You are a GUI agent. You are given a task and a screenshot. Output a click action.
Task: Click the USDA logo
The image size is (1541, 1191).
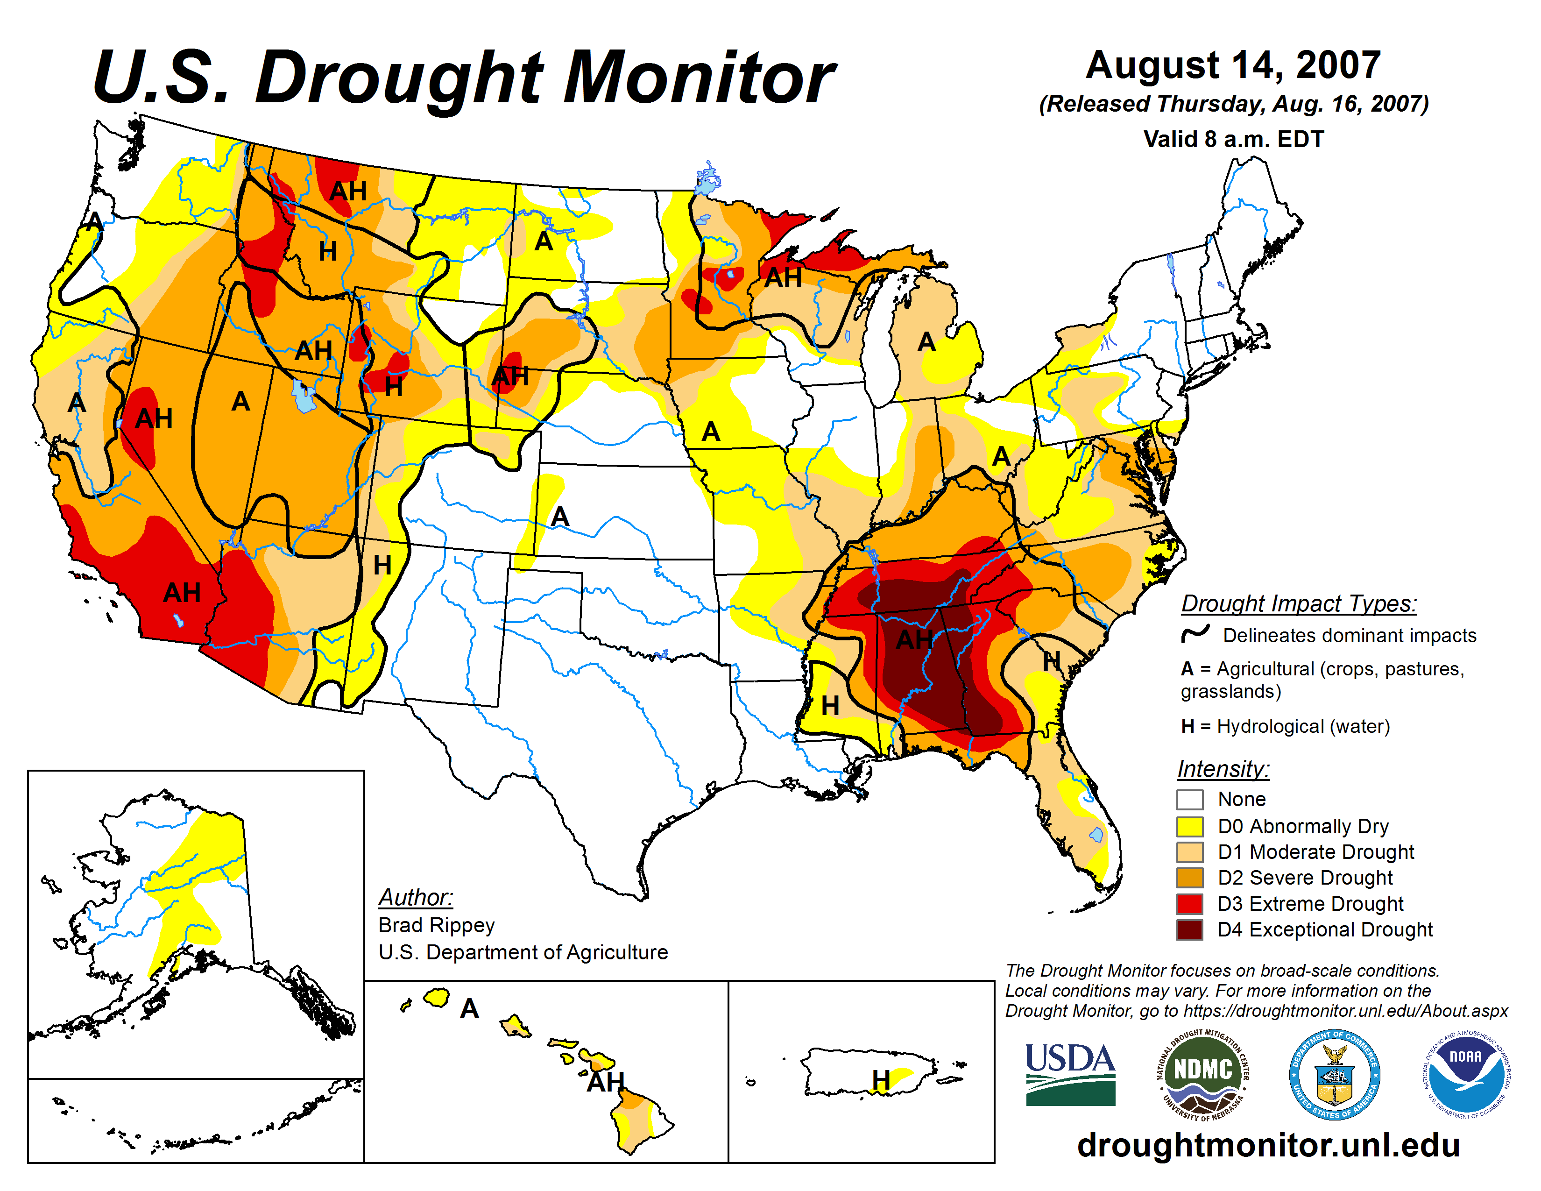click(x=1070, y=1074)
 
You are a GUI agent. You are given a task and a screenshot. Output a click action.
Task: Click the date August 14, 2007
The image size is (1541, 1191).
click(x=1233, y=65)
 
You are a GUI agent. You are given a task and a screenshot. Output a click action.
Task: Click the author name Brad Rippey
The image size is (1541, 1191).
click(x=436, y=925)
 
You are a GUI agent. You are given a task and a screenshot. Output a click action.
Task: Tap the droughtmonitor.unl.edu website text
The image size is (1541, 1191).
click(x=1268, y=1144)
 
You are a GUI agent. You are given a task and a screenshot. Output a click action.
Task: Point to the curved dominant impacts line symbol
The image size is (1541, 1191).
click(x=1195, y=634)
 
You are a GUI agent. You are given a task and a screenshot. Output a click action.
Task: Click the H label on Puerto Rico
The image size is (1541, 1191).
click(x=881, y=1079)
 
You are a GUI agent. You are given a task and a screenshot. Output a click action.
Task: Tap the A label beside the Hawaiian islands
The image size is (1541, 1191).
click(x=469, y=1009)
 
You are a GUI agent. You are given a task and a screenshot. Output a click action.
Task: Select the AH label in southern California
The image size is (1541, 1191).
click(x=182, y=593)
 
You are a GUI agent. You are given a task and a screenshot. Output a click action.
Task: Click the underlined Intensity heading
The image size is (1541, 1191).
click(x=1223, y=768)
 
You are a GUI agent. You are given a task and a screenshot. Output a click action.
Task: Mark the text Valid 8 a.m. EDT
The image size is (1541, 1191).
click(x=1233, y=139)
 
